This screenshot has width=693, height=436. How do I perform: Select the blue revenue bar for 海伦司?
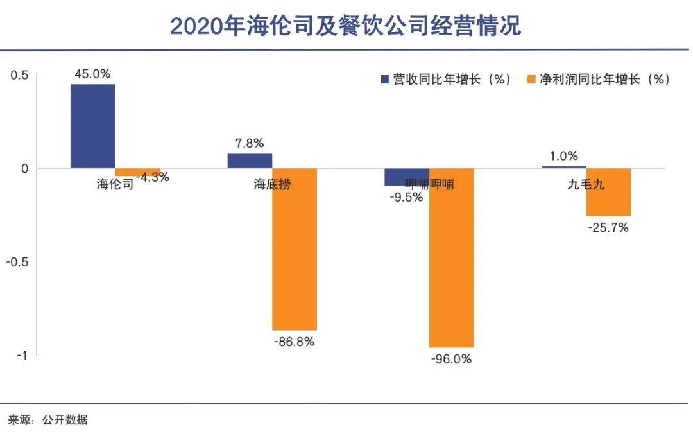click(93, 126)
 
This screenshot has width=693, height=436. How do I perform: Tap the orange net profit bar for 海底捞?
click(295, 249)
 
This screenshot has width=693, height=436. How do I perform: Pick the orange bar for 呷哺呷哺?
click(452, 257)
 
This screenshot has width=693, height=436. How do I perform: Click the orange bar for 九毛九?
click(608, 192)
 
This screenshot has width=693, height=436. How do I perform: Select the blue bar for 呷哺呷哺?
click(407, 177)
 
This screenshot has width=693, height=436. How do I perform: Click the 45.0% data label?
click(92, 74)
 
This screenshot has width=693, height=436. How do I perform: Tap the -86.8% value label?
click(294, 342)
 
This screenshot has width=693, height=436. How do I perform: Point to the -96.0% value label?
click(451, 359)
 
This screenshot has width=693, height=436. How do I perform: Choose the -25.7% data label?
click(608, 227)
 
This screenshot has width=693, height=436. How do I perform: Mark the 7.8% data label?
click(250, 143)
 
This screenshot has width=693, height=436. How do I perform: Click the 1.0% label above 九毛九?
click(564, 155)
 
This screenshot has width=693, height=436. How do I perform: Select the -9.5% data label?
click(406, 197)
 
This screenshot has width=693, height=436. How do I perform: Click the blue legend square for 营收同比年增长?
click(385, 80)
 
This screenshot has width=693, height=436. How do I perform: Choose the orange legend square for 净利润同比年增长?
click(530, 80)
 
